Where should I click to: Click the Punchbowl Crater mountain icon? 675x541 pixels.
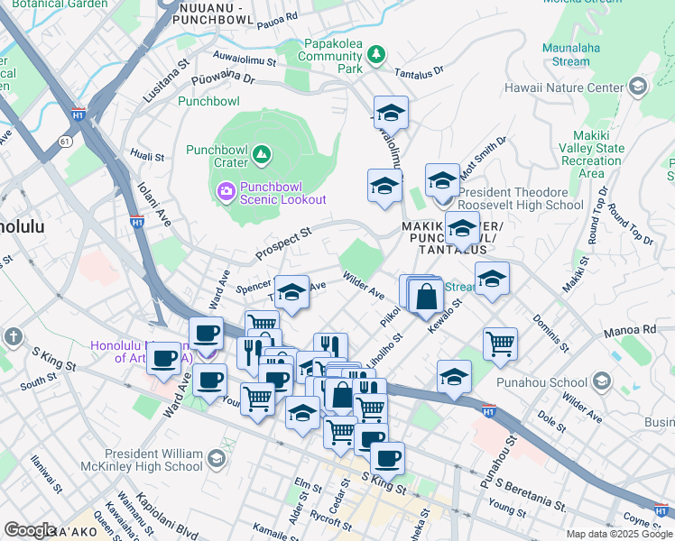262,155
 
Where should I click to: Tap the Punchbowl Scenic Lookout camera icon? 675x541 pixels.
225,190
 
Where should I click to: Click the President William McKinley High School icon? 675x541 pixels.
216,460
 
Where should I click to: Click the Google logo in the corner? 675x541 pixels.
30,529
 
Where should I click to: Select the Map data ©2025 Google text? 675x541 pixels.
618,534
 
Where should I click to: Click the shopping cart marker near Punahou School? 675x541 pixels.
499,343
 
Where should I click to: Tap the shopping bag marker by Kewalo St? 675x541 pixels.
425,295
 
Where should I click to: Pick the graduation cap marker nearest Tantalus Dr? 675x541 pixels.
391,113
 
